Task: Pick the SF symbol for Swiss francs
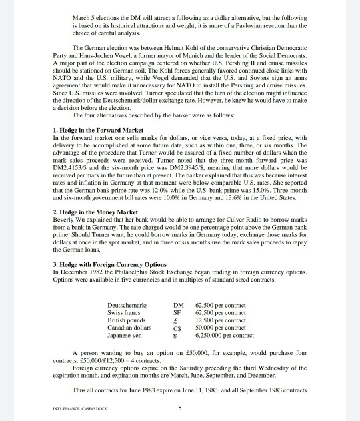click(x=177, y=313)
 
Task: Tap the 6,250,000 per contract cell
click(x=225, y=335)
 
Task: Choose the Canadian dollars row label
click(x=129, y=328)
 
